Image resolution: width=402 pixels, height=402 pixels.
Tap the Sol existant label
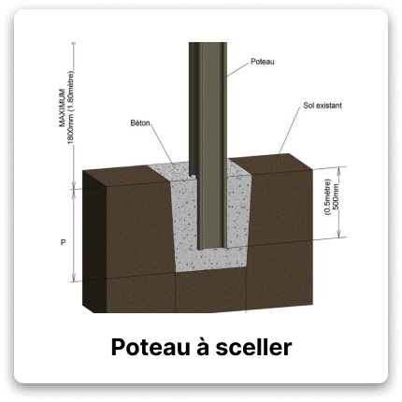coord(322,107)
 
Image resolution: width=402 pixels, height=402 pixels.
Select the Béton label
coord(142,122)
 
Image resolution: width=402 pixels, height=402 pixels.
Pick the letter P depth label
coord(62,241)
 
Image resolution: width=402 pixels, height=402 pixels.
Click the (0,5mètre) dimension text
coord(325,199)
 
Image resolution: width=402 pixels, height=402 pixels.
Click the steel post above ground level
coord(206,103)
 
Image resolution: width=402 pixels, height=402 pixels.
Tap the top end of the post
coord(206,45)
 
